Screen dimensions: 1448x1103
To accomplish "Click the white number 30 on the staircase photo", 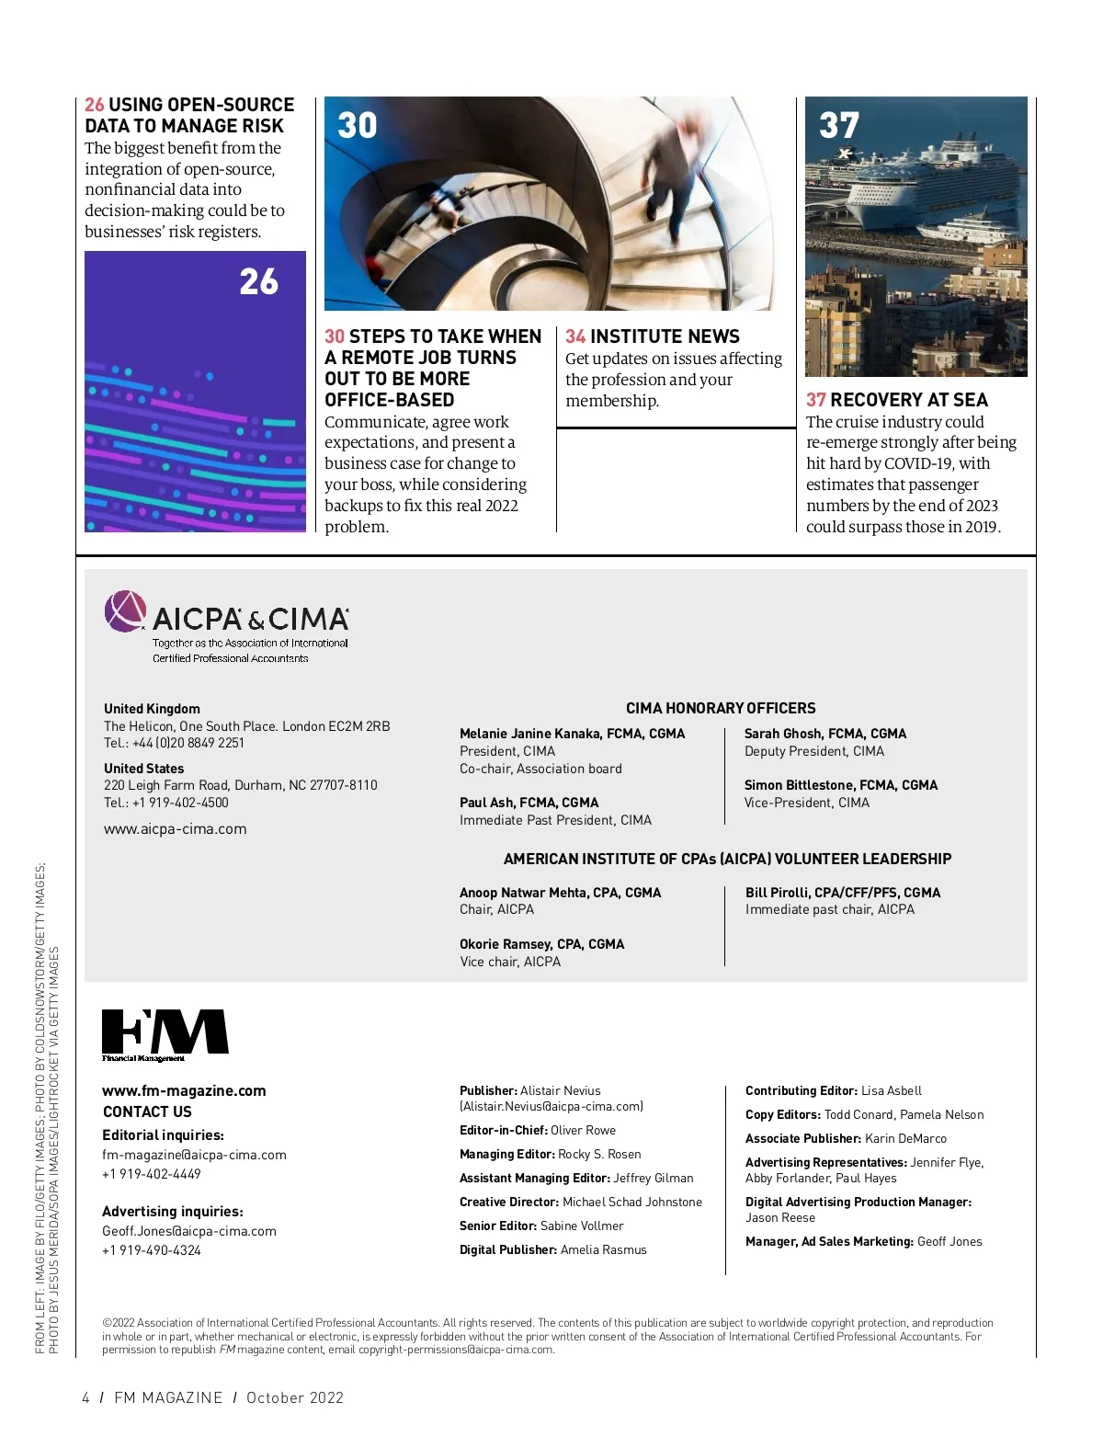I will (358, 125).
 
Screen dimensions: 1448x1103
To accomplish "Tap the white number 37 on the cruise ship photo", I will (839, 125).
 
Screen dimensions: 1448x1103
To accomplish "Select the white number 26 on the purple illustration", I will (258, 281).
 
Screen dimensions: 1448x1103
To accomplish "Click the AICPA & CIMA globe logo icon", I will (125, 611).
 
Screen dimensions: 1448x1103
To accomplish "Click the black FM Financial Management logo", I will (165, 1034).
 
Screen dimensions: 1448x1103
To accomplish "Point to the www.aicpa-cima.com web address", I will (175, 828).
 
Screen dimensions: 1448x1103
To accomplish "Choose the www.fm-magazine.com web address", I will (184, 1090).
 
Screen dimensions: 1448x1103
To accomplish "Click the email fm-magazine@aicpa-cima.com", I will (194, 1155).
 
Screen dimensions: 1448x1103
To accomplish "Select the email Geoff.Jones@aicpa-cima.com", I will (188, 1231).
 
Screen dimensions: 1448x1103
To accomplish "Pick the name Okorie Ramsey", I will (504, 944).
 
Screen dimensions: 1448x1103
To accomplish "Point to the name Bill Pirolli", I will (778, 893).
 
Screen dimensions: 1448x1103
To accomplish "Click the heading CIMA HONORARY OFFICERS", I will (721, 708).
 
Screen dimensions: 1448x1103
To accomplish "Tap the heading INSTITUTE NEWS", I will (665, 336).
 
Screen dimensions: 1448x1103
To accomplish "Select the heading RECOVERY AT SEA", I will (908, 400).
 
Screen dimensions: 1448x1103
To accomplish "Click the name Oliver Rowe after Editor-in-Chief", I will (583, 1130).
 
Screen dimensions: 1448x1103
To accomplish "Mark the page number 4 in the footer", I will (85, 1397).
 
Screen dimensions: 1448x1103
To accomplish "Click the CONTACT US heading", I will (147, 1112).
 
